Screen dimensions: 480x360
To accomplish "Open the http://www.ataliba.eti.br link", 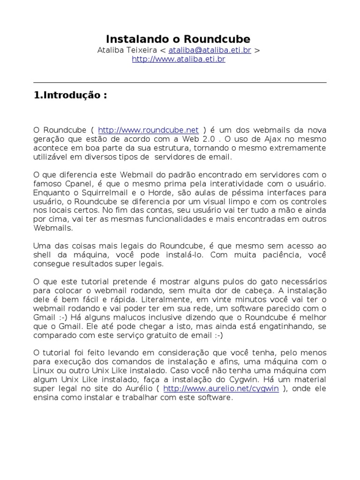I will [179, 60].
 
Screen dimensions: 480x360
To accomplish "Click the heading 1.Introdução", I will [70, 95].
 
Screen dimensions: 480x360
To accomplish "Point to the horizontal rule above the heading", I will [180, 82].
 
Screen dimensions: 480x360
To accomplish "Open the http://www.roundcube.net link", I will [149, 130].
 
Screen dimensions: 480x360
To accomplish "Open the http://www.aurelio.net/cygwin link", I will [221, 389].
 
